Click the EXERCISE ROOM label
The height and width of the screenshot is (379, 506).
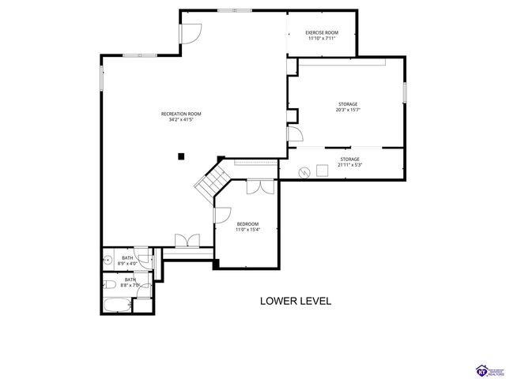tap(322, 36)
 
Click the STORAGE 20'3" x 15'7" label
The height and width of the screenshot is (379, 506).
tap(347, 107)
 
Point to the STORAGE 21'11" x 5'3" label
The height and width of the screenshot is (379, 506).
tap(349, 162)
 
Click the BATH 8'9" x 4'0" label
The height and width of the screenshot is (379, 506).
tap(127, 260)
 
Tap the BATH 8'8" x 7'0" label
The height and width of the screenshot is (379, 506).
tap(129, 281)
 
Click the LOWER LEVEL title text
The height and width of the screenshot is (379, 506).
tap(296, 301)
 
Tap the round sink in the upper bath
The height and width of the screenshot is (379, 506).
tap(107, 259)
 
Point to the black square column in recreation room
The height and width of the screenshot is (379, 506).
tap(181, 156)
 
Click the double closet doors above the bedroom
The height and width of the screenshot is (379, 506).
tap(255, 187)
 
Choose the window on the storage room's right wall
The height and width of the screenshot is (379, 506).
tap(404, 92)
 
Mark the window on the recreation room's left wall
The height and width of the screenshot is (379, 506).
tap(100, 78)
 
